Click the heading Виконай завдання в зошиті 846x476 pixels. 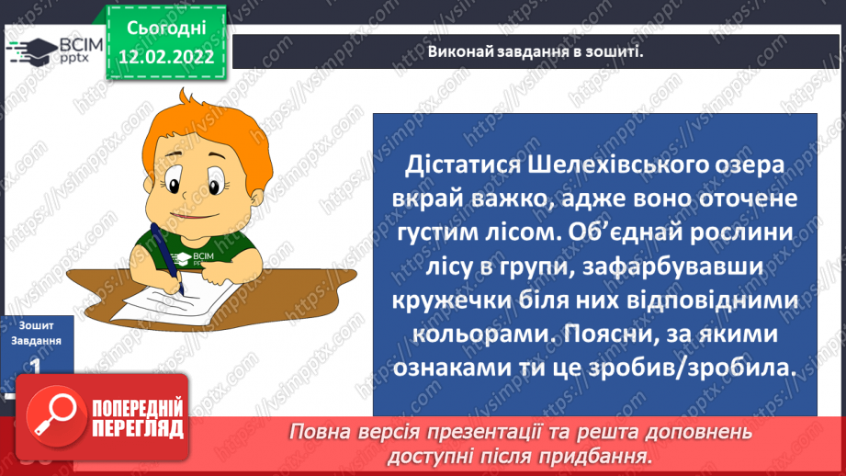pos(535,51)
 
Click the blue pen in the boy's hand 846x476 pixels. pos(164,256)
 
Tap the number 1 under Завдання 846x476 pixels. pos(33,365)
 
